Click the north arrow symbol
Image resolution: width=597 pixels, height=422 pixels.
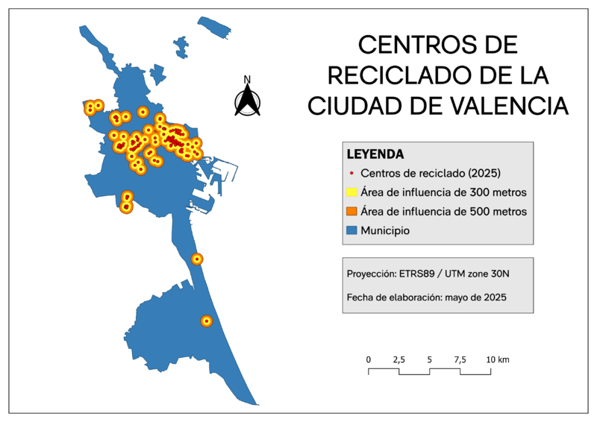coord(247,99)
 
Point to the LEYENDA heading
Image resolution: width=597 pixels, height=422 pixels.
coord(375,155)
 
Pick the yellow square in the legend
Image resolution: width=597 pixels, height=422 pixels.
coord(352,192)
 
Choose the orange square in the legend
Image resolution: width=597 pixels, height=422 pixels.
coord(352,212)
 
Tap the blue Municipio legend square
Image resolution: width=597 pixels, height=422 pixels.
coord(352,231)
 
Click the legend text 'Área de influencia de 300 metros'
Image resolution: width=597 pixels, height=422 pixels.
coord(443,192)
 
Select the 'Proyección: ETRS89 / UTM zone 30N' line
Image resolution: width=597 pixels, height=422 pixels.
coord(428,273)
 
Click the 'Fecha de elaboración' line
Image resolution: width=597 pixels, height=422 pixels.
coord(427,297)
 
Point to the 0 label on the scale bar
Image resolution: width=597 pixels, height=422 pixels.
coord(369,359)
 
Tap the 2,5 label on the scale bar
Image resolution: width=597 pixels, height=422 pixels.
coord(398,359)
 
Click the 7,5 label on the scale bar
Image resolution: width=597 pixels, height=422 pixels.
coord(460,359)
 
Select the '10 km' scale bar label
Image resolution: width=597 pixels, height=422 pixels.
coord(498,359)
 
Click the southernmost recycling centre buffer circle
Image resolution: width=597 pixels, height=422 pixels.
coord(207,321)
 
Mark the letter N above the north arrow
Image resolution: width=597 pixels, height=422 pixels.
coord(247,80)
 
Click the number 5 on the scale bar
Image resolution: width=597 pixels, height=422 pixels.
coord(430,359)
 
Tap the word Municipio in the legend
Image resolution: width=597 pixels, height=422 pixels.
coord(385,231)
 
